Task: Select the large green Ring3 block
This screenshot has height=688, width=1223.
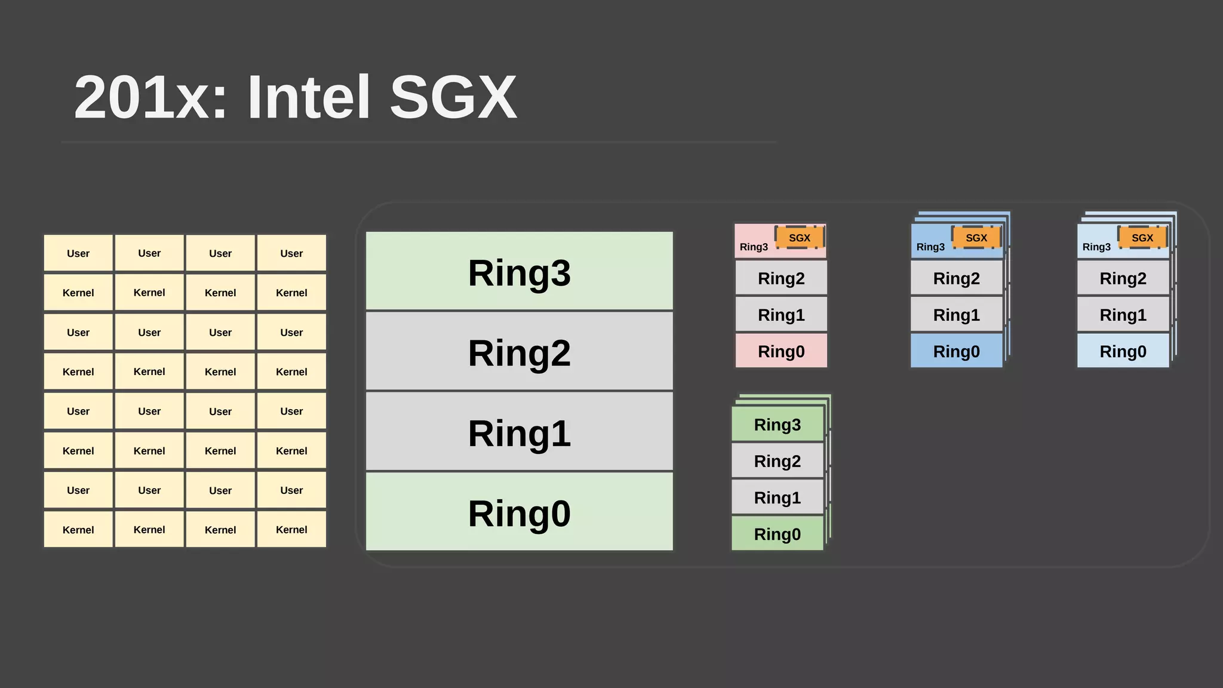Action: coord(519,272)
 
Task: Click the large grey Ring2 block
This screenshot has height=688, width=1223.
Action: coord(519,352)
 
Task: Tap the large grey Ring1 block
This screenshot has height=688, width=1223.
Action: coord(519,432)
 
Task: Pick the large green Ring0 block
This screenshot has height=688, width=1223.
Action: coord(519,512)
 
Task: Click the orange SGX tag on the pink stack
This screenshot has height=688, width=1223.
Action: coord(799,238)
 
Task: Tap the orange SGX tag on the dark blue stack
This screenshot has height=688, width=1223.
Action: coord(976,238)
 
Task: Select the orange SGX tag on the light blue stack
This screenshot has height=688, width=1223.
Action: coord(1142,238)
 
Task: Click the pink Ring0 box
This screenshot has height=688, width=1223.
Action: coord(781,351)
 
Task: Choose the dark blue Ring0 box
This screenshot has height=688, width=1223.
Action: coord(956,351)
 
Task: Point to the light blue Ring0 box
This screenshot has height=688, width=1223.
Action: coord(1123,351)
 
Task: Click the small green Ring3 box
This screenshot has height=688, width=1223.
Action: coord(777,425)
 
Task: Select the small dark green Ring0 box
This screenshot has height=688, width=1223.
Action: coord(777,534)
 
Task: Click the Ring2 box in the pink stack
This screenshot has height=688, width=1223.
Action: coord(781,278)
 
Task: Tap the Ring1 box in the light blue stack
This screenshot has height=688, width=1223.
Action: coord(1123,315)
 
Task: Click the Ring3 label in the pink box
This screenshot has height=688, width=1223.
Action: coord(754,247)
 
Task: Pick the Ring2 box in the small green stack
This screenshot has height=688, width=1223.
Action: coord(777,461)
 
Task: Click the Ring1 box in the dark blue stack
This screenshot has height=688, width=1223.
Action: coord(956,315)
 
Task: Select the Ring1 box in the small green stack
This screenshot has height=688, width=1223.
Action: coord(777,497)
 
